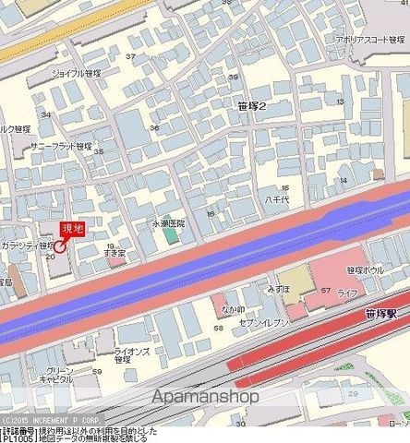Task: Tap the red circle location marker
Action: coord(60,245)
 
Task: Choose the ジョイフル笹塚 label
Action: coord(77,72)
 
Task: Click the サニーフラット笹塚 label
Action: coord(61,146)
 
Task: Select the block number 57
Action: coord(325,290)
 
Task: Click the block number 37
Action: coord(130,57)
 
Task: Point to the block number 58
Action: coord(218,327)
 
